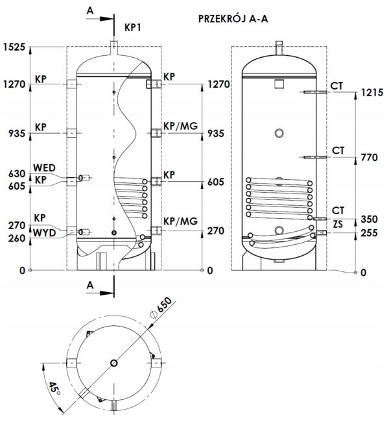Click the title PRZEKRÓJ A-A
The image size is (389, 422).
click(233, 19)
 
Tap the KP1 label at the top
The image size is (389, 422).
click(132, 27)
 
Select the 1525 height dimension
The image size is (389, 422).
click(14, 47)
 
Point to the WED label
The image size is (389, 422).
click(44, 168)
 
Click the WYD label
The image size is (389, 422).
click(44, 233)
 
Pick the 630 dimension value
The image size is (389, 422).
click(17, 174)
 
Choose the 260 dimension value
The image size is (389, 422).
click(17, 238)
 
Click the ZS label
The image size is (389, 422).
click(338, 224)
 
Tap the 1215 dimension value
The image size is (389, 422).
click(372, 93)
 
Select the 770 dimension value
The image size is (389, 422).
click(369, 158)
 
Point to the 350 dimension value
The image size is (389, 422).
click(369, 219)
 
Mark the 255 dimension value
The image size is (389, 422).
click(369, 233)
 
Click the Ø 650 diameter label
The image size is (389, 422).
click(161, 308)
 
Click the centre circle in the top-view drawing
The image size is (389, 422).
click(114, 363)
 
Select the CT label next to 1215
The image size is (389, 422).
click(336, 86)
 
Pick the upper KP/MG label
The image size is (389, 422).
click(181, 126)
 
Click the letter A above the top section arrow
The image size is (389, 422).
click(90, 10)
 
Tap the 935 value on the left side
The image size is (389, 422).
click(17, 133)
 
